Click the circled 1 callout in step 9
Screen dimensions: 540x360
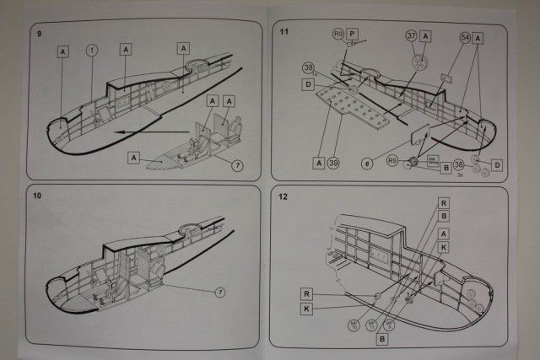coord(92,51)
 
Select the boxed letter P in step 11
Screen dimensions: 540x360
coord(354,35)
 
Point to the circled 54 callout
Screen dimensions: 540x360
coord(465,38)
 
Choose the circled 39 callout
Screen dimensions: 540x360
coord(335,163)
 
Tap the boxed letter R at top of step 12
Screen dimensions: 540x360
coord(445,203)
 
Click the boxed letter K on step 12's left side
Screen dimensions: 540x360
coord(308,309)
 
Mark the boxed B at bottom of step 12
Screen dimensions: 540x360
coord(382,339)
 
